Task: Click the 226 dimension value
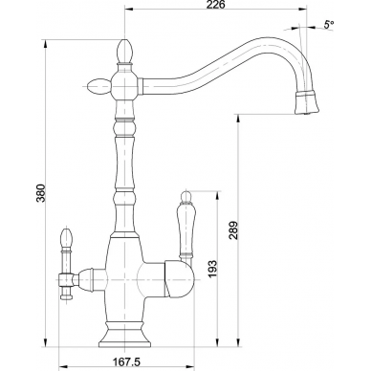(215, 5)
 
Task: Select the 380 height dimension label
(41, 193)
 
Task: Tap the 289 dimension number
(233, 230)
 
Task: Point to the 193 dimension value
(212, 269)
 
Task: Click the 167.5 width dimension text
(126, 361)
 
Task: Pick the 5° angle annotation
(329, 24)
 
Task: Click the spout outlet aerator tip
(307, 102)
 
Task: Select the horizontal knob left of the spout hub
(98, 86)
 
